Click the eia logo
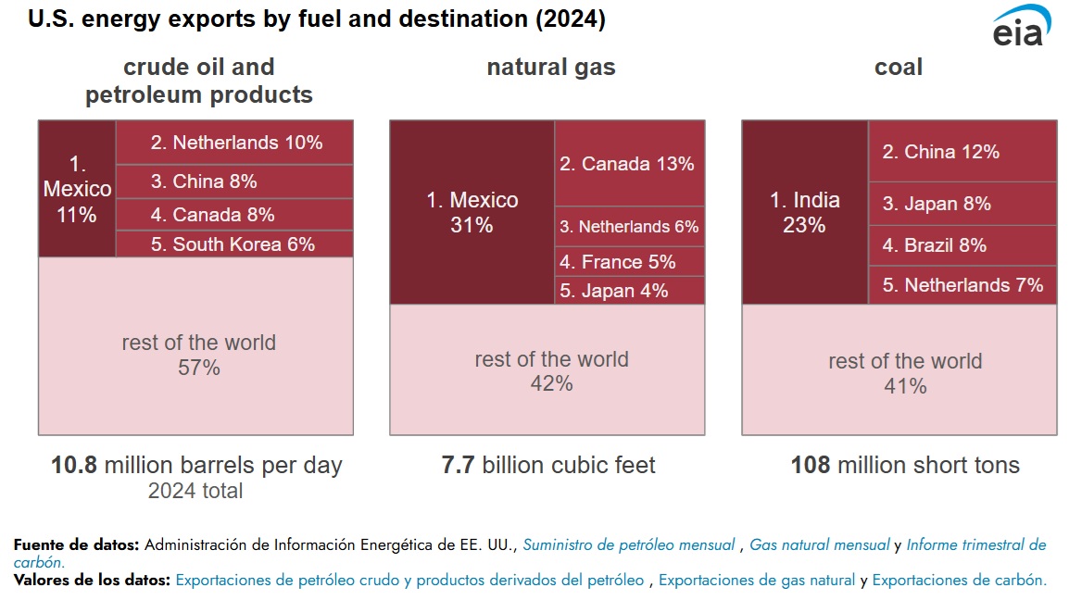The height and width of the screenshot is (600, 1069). point(1020,28)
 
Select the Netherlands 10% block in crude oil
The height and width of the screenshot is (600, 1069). point(234,143)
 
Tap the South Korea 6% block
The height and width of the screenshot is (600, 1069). point(234,244)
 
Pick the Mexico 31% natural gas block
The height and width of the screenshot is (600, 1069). point(472,212)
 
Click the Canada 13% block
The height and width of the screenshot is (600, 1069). point(630,163)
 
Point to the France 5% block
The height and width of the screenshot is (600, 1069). point(630,262)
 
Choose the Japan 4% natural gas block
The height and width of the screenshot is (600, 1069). point(630,291)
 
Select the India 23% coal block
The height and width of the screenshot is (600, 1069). point(805,212)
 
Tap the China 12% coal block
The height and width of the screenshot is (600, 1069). point(962,151)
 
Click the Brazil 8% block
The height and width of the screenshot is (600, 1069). point(962,245)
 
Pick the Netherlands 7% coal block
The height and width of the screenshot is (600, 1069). point(962,285)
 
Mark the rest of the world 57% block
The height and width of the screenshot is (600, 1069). point(195,355)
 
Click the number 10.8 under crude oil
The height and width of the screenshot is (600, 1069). point(74,466)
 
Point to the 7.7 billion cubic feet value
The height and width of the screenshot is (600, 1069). point(548,465)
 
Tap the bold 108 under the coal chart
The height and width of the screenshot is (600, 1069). point(811,465)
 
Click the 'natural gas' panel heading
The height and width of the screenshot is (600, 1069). point(550,68)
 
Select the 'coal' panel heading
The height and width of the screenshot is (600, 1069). point(899,68)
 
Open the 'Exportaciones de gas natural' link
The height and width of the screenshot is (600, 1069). point(757,581)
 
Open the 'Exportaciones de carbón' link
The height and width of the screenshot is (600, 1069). point(959,581)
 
